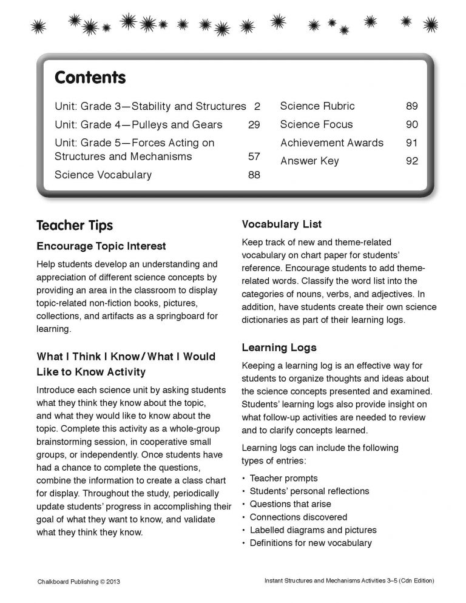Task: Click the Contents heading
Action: point(90,78)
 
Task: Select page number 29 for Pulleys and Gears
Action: point(254,125)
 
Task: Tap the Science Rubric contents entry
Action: point(317,107)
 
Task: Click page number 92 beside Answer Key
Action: point(411,161)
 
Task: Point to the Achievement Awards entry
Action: point(331,143)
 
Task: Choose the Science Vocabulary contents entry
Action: point(103,175)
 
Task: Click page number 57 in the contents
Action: point(254,157)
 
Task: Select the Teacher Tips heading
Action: point(75,226)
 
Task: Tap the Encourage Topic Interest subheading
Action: point(101,246)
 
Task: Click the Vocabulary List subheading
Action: point(282,224)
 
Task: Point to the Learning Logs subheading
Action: point(279,348)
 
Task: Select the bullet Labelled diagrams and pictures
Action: point(313,530)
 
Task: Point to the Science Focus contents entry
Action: point(316,125)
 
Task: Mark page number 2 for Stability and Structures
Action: point(257,107)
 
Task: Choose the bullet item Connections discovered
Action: point(299,517)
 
